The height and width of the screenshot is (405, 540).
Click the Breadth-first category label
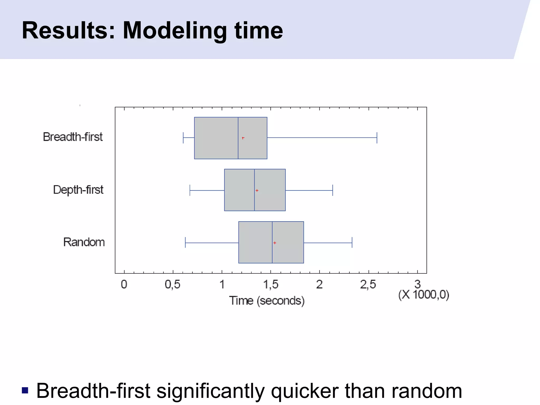(73, 137)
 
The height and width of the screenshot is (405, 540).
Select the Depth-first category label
(78, 190)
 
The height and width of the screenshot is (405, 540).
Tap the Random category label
(84, 242)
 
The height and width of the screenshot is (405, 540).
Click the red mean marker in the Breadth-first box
(243, 138)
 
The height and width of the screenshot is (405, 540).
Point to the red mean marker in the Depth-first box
(257, 190)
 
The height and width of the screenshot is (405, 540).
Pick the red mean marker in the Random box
(274, 243)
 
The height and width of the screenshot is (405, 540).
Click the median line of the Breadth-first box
(238, 148)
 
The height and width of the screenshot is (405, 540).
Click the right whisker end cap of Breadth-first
(377, 138)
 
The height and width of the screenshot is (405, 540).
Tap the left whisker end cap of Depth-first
(190, 190)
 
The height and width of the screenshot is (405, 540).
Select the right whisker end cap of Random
(352, 242)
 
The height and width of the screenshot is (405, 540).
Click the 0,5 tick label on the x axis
(173, 285)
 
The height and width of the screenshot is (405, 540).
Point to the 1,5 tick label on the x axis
(271, 285)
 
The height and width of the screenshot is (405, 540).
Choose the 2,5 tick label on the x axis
(368, 285)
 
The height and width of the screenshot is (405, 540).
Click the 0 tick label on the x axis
(124, 285)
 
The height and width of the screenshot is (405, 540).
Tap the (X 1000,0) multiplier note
(424, 295)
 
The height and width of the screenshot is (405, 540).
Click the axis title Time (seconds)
(267, 301)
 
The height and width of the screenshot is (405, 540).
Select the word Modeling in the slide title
(175, 31)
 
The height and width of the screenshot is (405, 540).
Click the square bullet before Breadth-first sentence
(25, 390)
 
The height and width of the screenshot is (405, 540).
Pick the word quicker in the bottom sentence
(305, 391)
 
